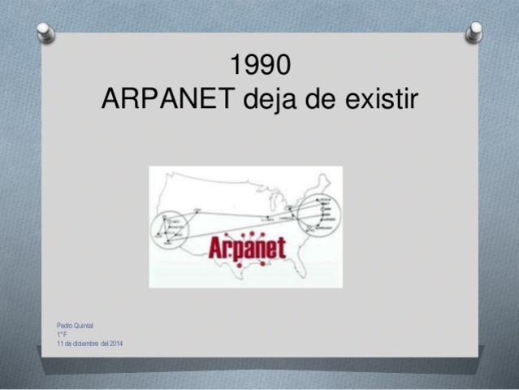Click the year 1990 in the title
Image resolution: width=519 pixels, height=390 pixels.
click(x=260, y=64)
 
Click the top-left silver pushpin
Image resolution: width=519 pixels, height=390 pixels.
click(x=46, y=32)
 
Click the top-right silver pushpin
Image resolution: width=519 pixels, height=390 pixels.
click(x=474, y=32)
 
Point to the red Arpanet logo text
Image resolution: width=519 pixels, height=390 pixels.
click(x=247, y=247)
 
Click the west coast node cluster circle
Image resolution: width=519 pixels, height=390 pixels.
click(x=169, y=228)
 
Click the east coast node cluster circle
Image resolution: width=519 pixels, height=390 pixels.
click(x=319, y=214)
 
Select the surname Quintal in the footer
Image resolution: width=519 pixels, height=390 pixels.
click(x=83, y=325)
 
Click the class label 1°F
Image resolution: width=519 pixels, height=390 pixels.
click(x=61, y=334)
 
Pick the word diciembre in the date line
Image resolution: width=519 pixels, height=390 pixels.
click(x=84, y=344)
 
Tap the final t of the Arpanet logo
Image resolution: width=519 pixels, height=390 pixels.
click(x=281, y=247)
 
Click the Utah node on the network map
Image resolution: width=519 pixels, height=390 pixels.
click(x=197, y=210)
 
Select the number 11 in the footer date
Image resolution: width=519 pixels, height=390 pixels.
click(x=59, y=344)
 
